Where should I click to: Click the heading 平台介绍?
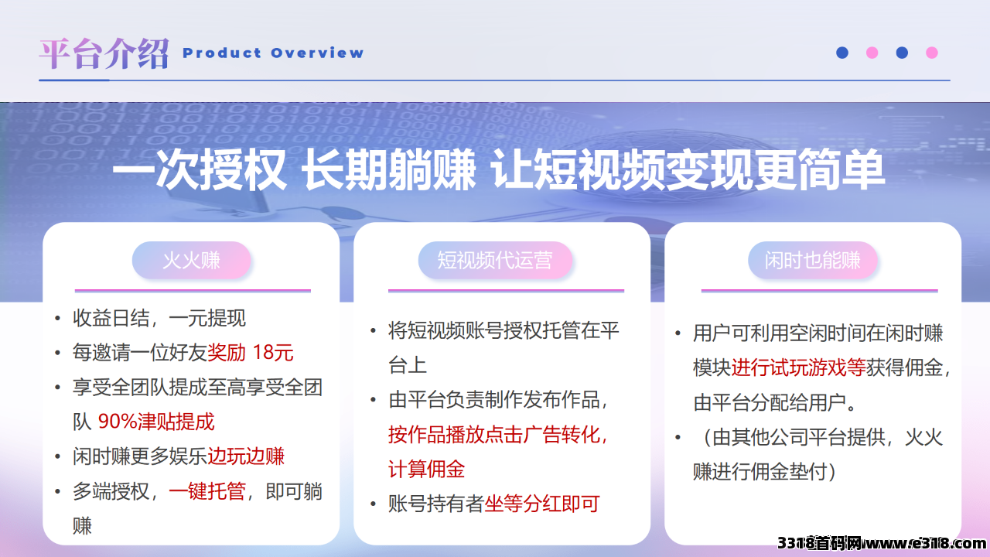click(104, 53)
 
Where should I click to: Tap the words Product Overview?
click(273, 53)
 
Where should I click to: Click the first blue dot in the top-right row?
click(842, 53)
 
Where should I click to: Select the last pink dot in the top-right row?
click(932, 53)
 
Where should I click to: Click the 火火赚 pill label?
click(191, 260)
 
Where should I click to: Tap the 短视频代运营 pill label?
click(495, 260)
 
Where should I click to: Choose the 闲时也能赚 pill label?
click(812, 260)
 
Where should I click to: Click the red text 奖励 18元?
click(250, 352)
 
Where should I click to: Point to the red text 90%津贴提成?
click(156, 422)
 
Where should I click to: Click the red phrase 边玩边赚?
click(246, 456)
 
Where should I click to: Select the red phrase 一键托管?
click(207, 491)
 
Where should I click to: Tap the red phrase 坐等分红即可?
click(542, 504)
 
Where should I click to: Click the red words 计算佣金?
click(426, 469)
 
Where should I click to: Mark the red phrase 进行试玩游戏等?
click(799, 367)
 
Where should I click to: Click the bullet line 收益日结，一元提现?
click(159, 318)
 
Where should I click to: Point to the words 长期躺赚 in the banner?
click(389, 169)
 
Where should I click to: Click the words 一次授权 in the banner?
click(200, 169)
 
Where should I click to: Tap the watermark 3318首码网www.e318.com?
click(882, 542)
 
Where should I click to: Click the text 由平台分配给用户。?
click(775, 402)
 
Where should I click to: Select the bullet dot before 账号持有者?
click(374, 504)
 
